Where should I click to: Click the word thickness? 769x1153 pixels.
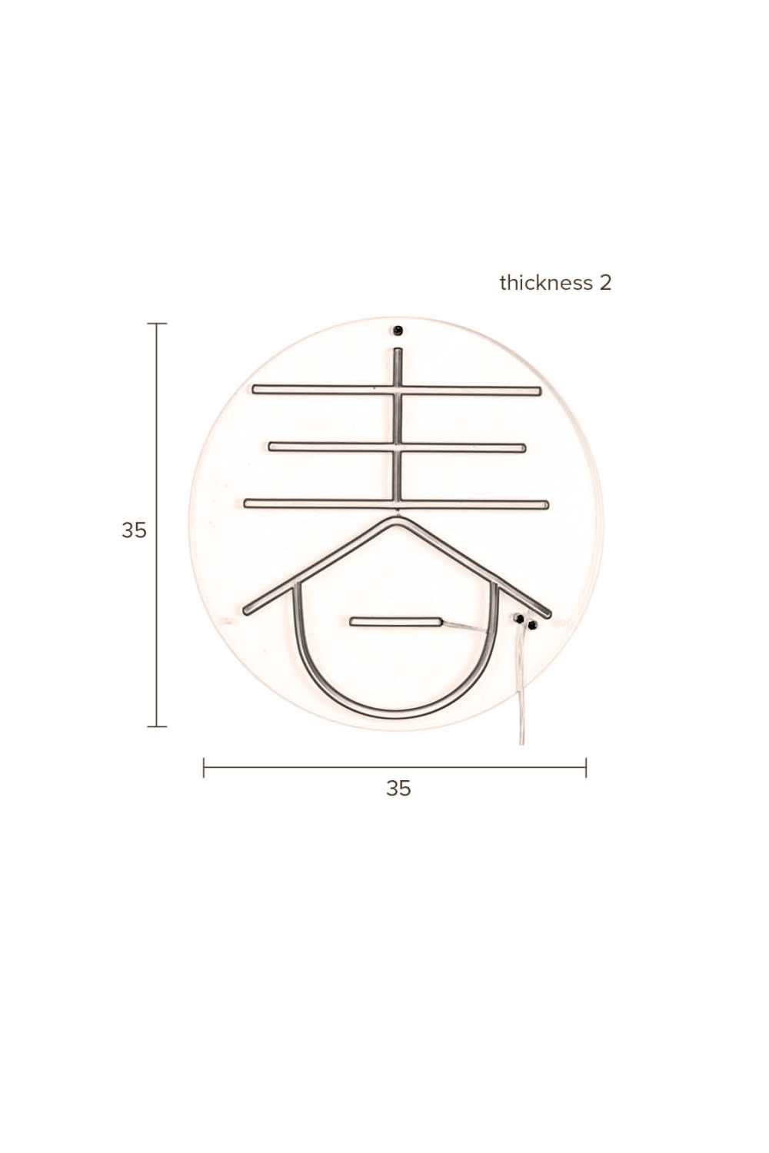coord(545,283)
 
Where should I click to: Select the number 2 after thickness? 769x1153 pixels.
coord(605,283)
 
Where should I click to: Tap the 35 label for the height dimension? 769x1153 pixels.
coord(134,530)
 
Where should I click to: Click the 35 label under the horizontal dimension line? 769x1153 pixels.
coord(398,789)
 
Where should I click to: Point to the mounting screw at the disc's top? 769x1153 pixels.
coord(398,331)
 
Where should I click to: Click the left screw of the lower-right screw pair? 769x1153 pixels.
coord(519,618)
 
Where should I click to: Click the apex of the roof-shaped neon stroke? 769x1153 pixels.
coord(398,521)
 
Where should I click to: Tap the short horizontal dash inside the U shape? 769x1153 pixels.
coord(395,621)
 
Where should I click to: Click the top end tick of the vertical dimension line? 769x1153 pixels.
coord(157,324)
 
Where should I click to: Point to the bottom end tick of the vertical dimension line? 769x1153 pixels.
coord(157,726)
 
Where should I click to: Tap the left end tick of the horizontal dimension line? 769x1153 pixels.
coord(204,767)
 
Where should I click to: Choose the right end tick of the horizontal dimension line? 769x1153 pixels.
coord(586,767)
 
